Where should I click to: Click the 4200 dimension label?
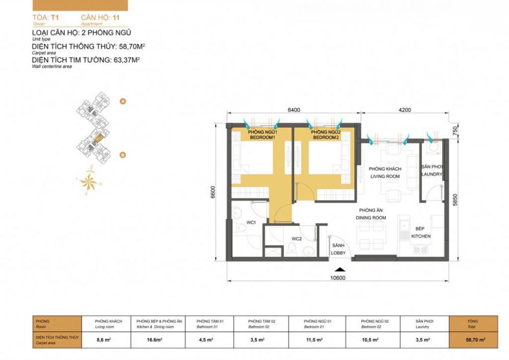pyautogui.click(x=405, y=109)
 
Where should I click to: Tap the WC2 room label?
pyautogui.click(x=297, y=238)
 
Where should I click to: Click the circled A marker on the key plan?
pyautogui.click(x=122, y=101)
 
